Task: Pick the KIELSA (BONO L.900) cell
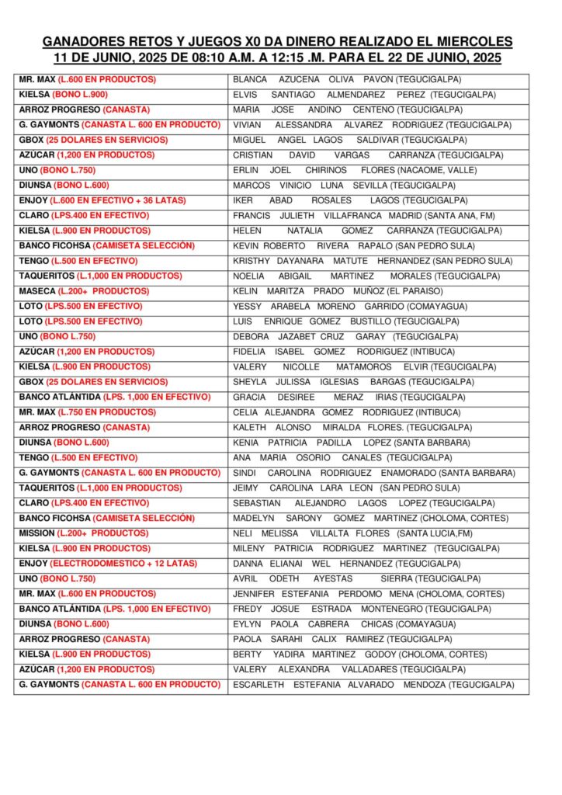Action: point(64,95)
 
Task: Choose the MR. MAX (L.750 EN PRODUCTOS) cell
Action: point(87,412)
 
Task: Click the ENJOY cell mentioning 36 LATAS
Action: point(102,200)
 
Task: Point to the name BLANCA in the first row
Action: point(250,79)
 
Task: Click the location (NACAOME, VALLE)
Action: point(439,170)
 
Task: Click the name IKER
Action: point(244,200)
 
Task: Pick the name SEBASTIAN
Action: point(256,503)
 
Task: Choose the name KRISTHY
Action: point(252,261)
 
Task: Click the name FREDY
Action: point(248,609)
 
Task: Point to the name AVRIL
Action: point(246,579)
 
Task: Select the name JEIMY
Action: point(246,488)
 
